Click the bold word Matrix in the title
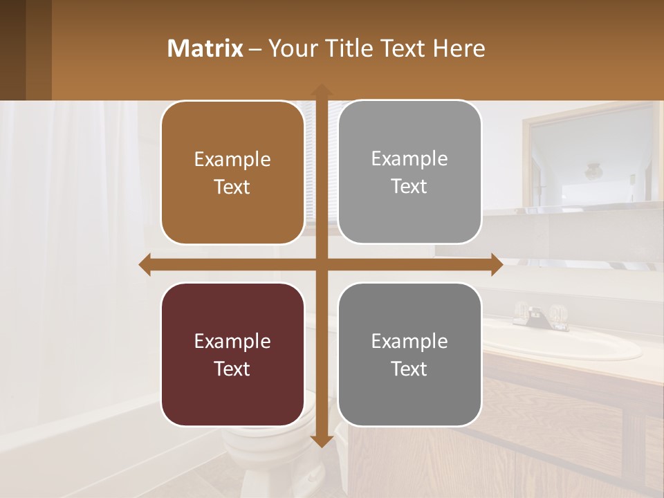205,48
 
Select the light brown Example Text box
232,173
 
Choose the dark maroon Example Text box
232,354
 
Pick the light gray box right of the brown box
409,172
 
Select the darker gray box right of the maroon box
409,354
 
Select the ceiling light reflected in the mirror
594,170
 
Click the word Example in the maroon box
232,341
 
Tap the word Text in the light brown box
232,187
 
